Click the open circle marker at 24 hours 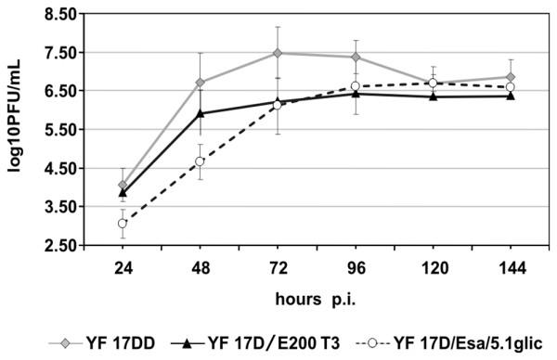tap(122, 224)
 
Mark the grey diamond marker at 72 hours tap(278, 53)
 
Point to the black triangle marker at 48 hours tap(200, 113)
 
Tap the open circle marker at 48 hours tap(200, 161)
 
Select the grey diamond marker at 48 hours tap(200, 83)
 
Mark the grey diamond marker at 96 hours tap(356, 58)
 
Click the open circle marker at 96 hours tap(356, 86)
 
